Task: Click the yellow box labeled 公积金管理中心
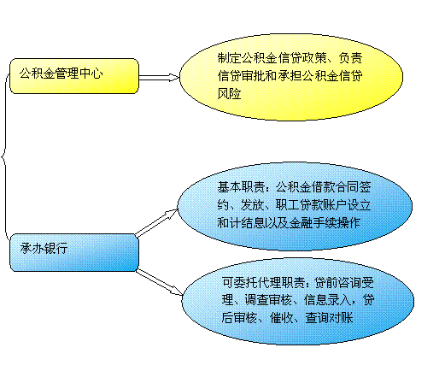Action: (74, 76)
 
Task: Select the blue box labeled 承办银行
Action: (74, 252)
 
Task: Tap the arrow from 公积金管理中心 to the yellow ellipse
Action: (159, 77)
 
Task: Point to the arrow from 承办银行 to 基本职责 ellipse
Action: (157, 223)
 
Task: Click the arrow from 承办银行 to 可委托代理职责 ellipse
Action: (159, 282)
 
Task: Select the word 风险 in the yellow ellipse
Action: (230, 93)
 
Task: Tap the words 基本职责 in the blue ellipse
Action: (241, 187)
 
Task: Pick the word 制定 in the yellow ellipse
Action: (230, 58)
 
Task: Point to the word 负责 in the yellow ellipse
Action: (350, 58)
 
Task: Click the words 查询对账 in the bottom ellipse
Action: (330, 318)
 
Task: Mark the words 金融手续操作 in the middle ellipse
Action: (325, 222)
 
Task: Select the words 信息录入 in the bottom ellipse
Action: (328, 300)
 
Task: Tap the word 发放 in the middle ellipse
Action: (252, 205)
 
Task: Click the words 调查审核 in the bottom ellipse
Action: (268, 300)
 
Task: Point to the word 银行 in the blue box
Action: (56, 249)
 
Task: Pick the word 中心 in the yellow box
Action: (91, 74)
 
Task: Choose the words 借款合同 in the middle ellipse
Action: (336, 187)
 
